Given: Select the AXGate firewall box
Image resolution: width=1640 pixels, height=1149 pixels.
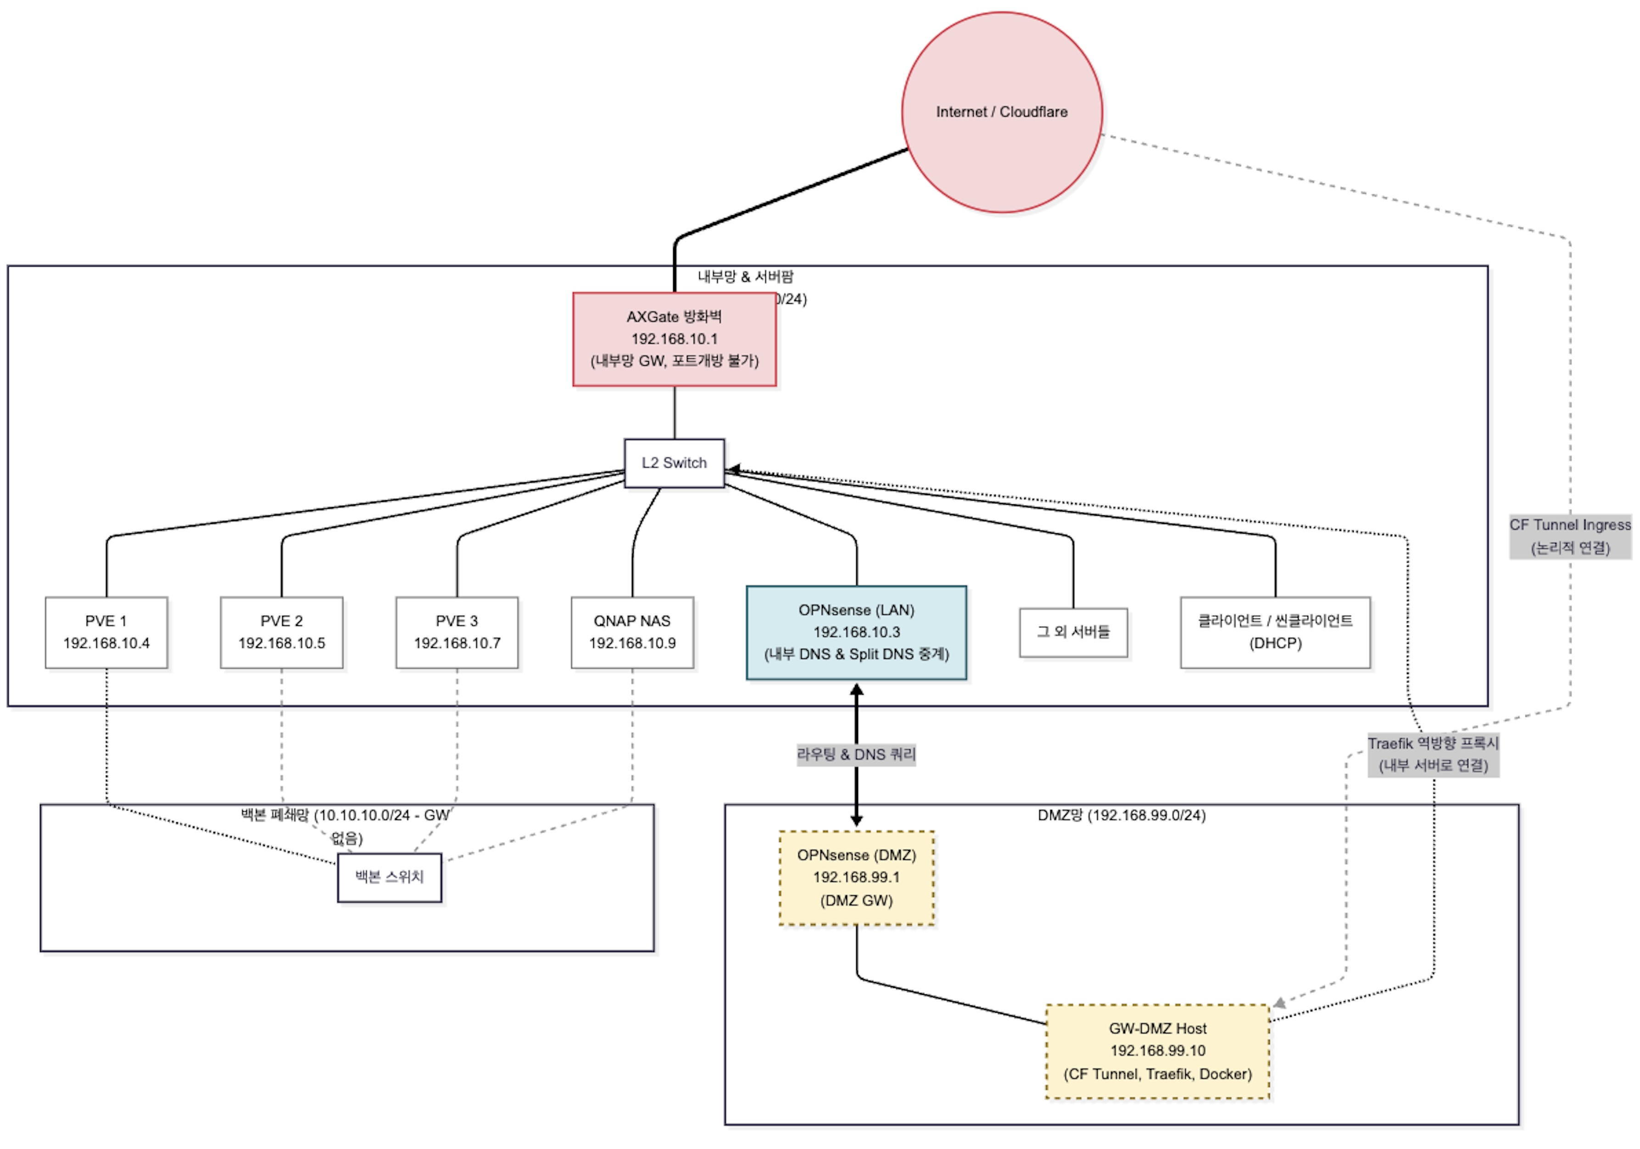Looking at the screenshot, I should click(x=674, y=339).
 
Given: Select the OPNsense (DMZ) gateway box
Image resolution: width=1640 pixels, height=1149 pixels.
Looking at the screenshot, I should click(x=856, y=878).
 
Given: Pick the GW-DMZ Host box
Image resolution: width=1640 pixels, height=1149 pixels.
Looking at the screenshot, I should click(x=1157, y=1051).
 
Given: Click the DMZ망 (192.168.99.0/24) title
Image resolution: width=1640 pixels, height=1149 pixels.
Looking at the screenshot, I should click(x=1121, y=815).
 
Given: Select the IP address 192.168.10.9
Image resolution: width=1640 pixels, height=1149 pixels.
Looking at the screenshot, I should click(x=632, y=643).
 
